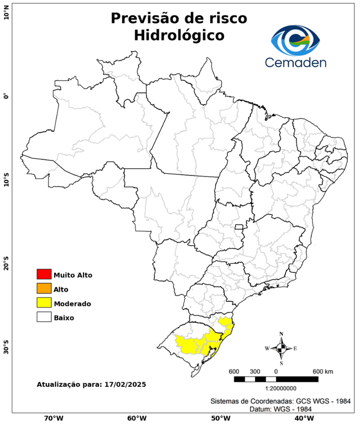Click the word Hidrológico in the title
tap(179, 35)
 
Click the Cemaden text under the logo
tap(295, 62)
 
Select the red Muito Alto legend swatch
tap(44, 274)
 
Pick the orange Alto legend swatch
tap(44, 289)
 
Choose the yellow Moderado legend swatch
tap(44, 303)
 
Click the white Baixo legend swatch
tap(44, 318)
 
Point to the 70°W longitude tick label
tap(53, 418)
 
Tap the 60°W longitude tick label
tap(137, 418)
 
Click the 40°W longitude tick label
tap(303, 418)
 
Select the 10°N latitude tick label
tap(6, 13)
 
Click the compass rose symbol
tap(281, 348)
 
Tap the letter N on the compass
tap(281, 334)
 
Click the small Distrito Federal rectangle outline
tap(239, 227)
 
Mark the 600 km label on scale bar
tap(322, 371)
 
